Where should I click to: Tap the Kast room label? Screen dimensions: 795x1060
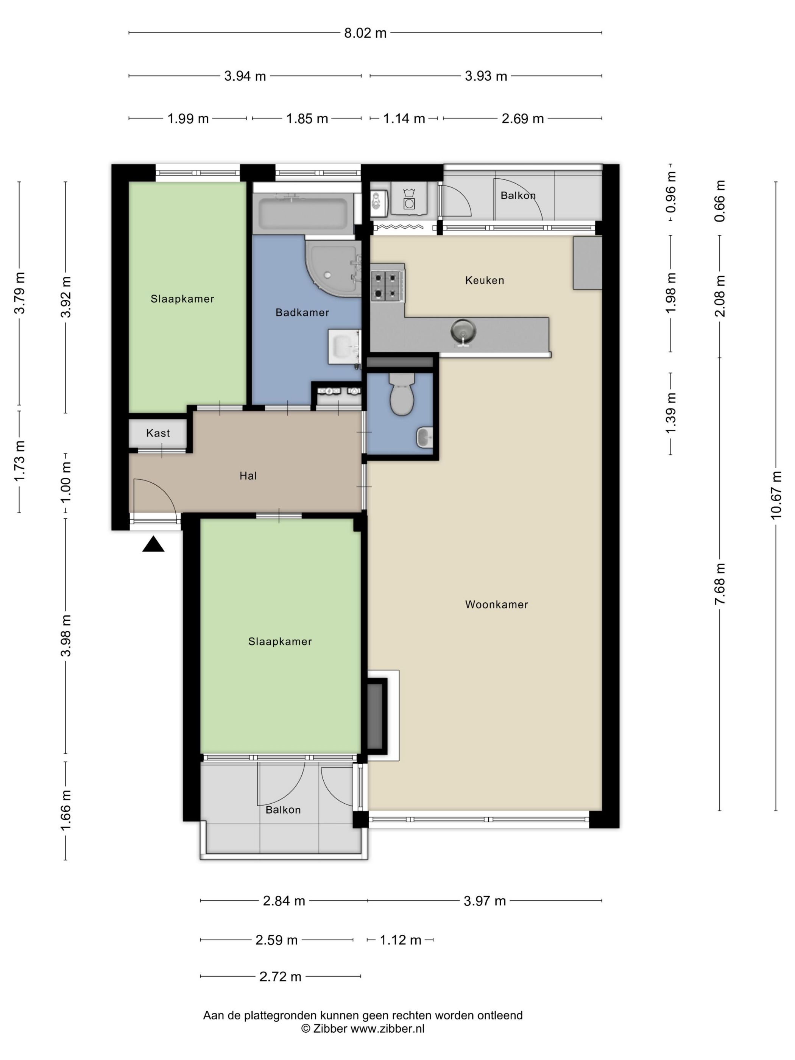tap(158, 433)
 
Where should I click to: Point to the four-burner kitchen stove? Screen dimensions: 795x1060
tap(387, 285)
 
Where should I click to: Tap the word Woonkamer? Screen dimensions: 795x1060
tap(496, 604)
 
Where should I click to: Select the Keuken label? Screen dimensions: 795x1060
tap(485, 281)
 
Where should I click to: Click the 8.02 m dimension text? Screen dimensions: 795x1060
tap(365, 33)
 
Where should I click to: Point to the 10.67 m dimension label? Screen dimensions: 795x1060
tap(776, 495)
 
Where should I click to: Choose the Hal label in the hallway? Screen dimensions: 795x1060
tap(248, 476)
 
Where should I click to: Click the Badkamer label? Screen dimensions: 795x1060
tap(302, 312)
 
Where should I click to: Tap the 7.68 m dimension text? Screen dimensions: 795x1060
tap(720, 584)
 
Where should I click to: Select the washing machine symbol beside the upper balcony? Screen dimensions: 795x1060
tap(409, 198)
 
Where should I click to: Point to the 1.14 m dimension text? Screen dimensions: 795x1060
tap(404, 118)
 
